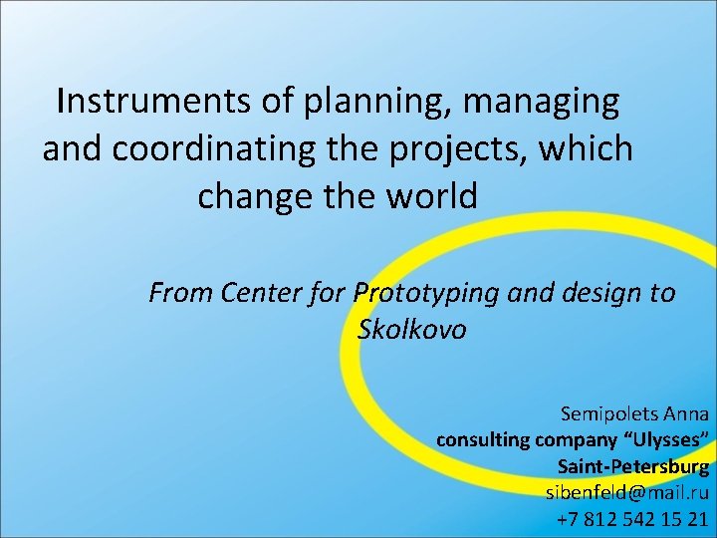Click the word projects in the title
[x=457, y=149]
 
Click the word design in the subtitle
[x=595, y=294]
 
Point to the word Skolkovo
[x=411, y=330]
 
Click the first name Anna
[x=686, y=413]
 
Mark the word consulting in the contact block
[x=483, y=439]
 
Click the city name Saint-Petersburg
[x=633, y=466]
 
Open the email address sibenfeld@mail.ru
[x=627, y=492]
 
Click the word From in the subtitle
[x=181, y=294]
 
